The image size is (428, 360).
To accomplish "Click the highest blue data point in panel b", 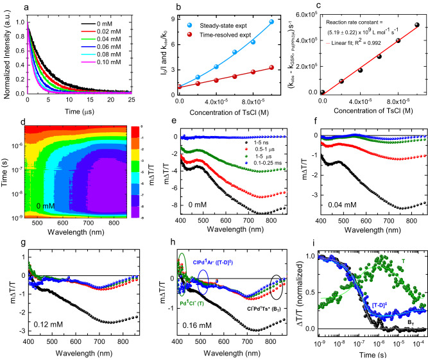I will point(272,22).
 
